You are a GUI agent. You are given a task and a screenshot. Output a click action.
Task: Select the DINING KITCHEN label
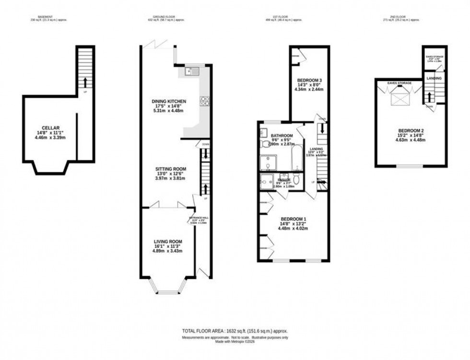click(168, 102)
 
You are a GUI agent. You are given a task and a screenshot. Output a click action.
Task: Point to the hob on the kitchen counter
click(205, 101)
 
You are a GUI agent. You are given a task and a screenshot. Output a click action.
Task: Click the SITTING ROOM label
click(170, 169)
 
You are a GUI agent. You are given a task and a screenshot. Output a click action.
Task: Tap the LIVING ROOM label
click(168, 242)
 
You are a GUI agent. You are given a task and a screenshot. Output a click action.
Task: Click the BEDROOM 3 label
click(309, 80)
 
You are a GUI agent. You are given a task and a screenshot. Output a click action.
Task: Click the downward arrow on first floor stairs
click(322, 128)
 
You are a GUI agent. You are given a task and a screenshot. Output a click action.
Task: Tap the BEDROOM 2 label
click(411, 131)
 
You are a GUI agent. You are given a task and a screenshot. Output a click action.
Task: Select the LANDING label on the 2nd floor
click(435, 78)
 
